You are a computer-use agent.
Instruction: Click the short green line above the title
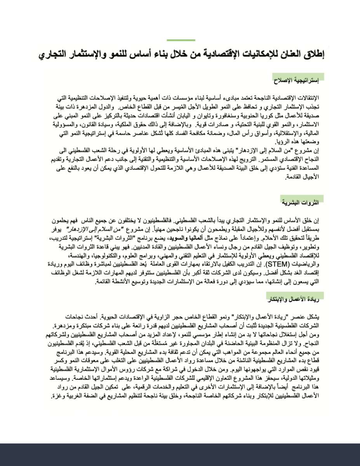pos(181,40)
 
